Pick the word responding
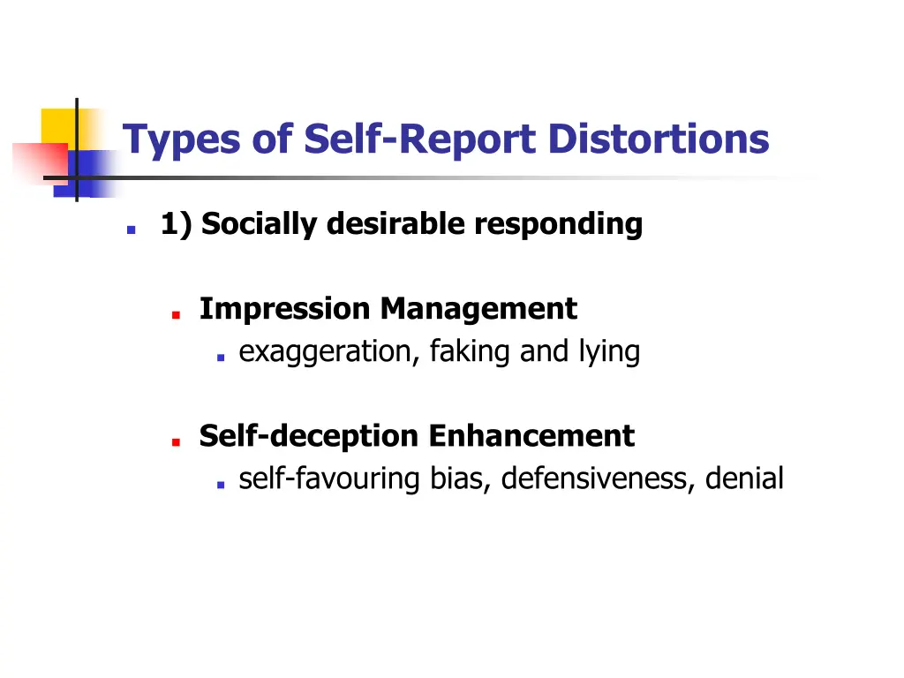coord(558,225)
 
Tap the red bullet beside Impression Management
coord(177,313)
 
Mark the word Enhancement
coord(531,436)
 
